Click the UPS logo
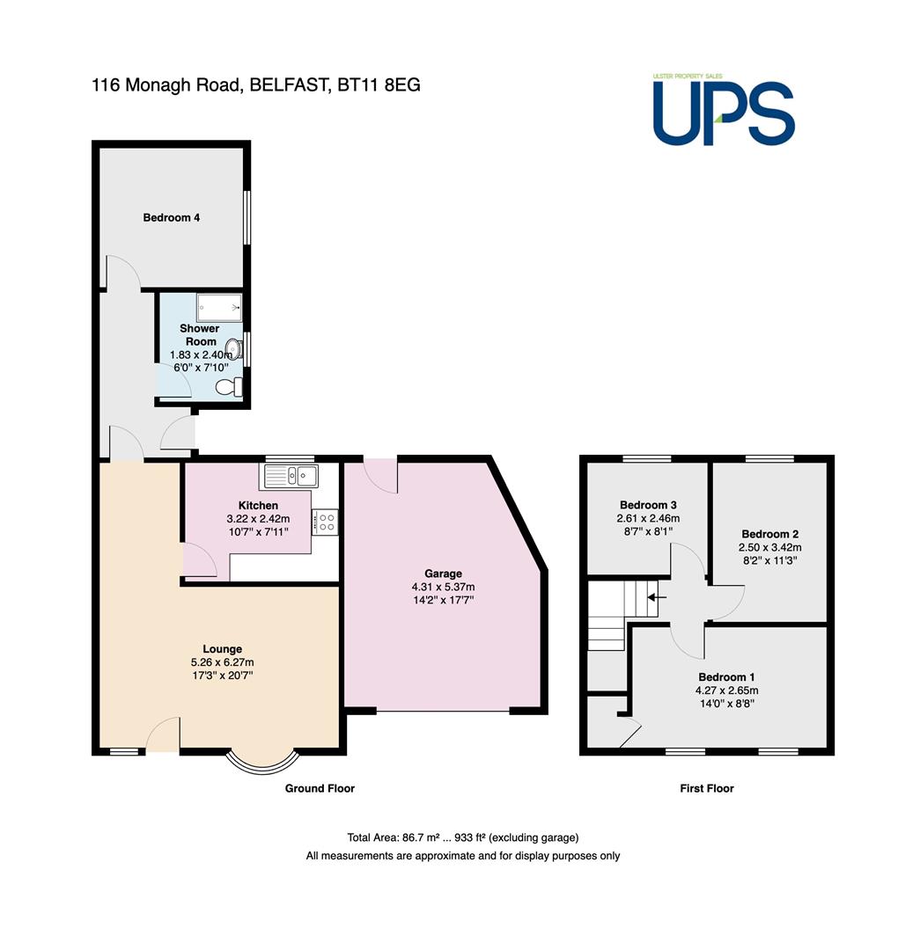pos(724,110)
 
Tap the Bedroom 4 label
pos(171,217)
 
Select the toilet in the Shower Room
pos(229,386)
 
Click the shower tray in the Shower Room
pos(219,308)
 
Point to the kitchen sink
pos(290,476)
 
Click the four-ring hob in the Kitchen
pos(326,522)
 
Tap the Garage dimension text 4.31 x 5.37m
pos(443,587)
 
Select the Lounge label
pos(222,649)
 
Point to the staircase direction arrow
pos(657,597)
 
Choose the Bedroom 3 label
pos(648,505)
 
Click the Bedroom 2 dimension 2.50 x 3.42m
pos(769,547)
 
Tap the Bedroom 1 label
pos(726,676)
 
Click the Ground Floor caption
pos(320,788)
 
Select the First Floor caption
pos(707,788)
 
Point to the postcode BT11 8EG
pos(379,84)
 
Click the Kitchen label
pos(258,505)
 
